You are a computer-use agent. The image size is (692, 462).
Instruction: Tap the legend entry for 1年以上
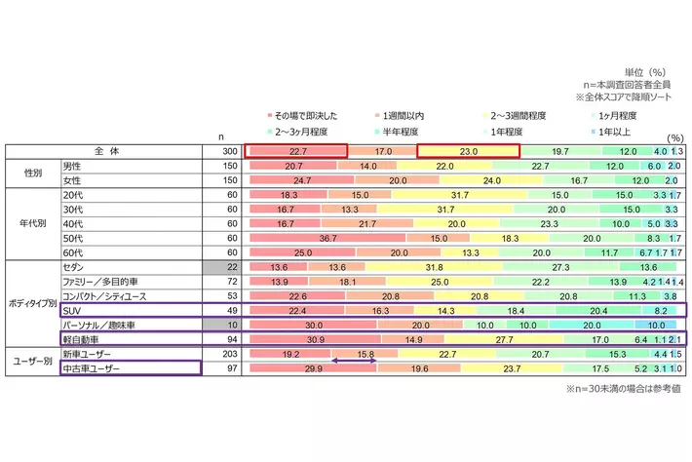click(x=614, y=130)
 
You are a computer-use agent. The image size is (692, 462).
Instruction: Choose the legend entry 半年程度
click(x=399, y=130)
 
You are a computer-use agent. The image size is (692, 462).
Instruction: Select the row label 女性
click(x=72, y=180)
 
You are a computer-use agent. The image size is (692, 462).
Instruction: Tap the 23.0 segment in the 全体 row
click(x=468, y=151)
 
